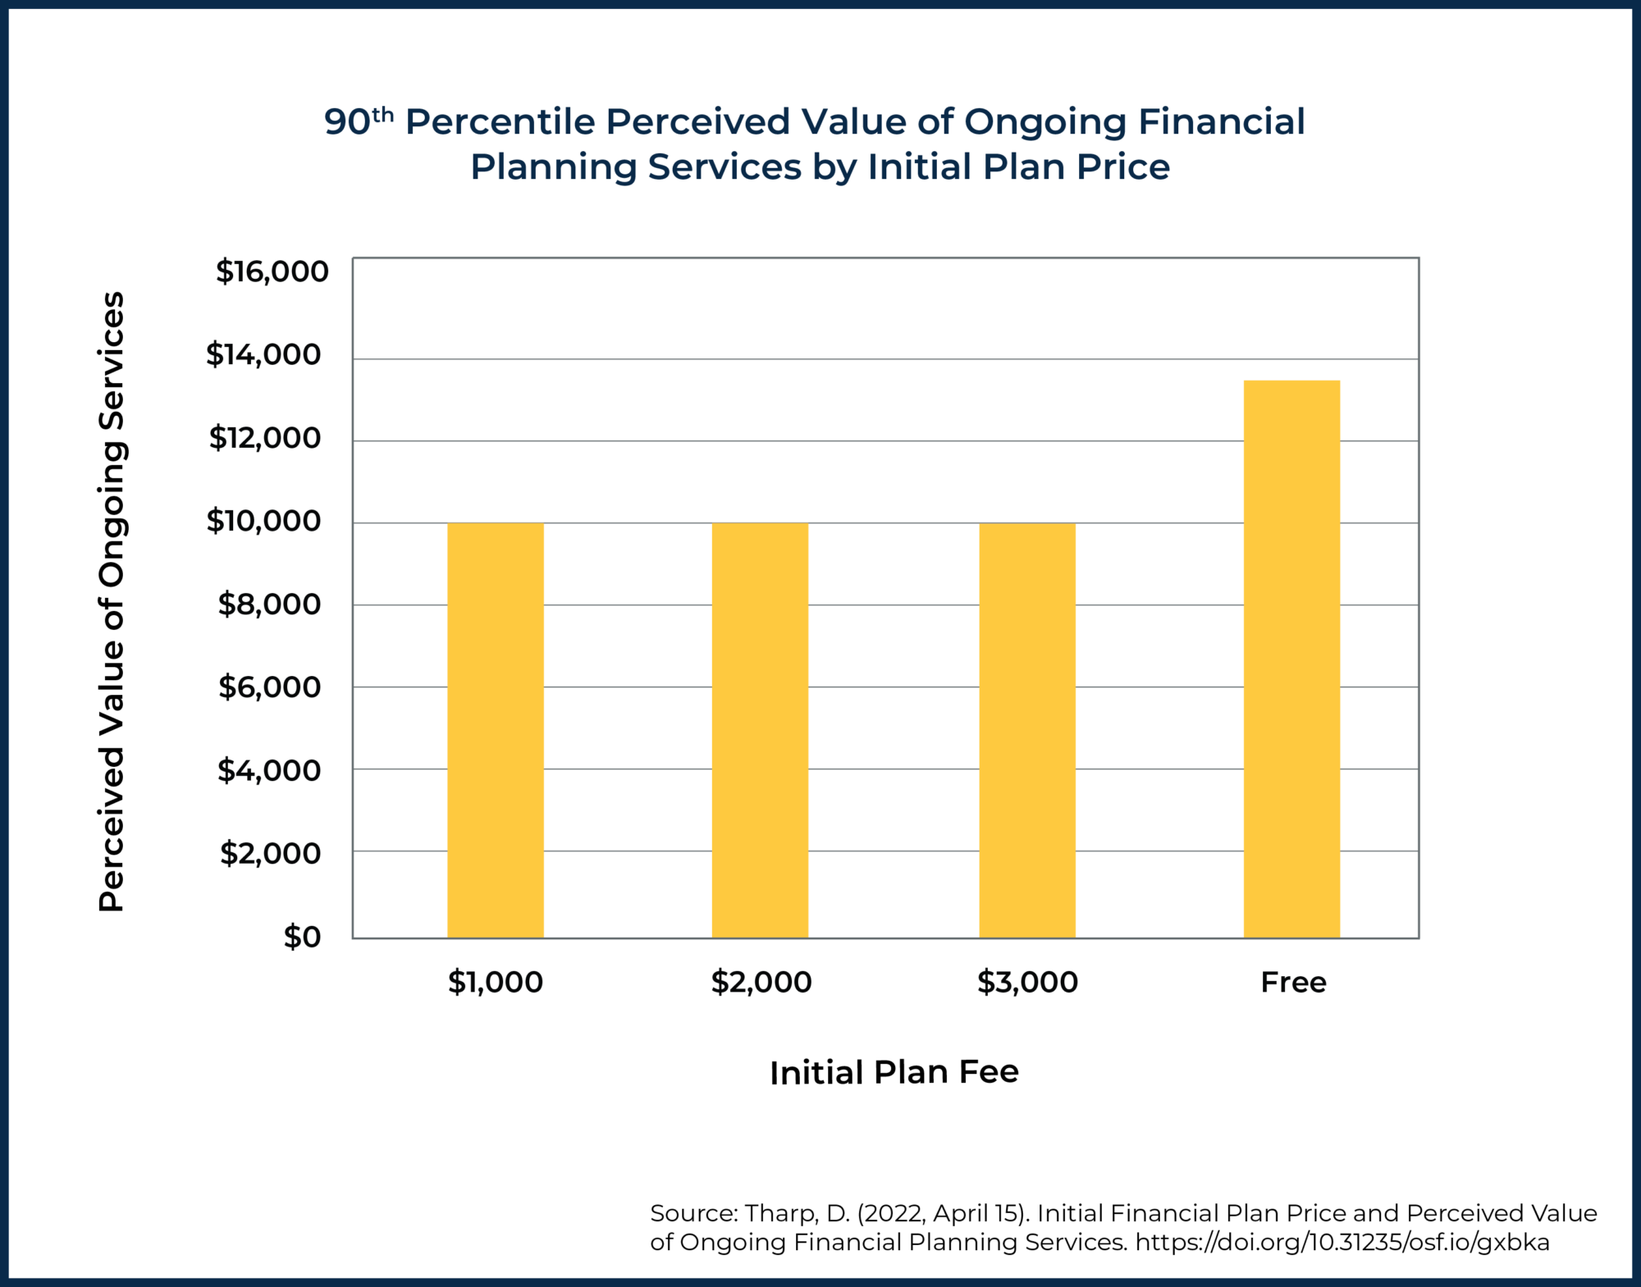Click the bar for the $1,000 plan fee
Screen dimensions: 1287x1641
495,730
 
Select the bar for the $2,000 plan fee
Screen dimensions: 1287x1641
760,730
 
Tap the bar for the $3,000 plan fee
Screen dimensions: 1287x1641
1026,730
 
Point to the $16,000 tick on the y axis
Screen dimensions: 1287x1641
272,272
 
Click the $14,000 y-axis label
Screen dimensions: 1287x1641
263,354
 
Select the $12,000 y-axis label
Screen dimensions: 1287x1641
265,438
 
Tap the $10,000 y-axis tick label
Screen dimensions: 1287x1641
263,521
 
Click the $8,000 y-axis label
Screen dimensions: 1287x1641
269,605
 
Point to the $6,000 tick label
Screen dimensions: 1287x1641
269,687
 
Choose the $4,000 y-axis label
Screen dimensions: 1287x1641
269,771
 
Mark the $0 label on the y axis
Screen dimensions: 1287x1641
302,937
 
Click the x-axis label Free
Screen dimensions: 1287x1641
1293,982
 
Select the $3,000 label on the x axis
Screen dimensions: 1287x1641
1027,982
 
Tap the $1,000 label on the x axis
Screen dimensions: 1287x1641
495,982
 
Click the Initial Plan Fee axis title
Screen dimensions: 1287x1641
894,1072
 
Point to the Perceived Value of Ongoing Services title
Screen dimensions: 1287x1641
112,601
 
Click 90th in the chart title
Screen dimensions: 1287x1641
359,121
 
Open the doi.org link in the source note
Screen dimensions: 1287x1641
1342,1242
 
